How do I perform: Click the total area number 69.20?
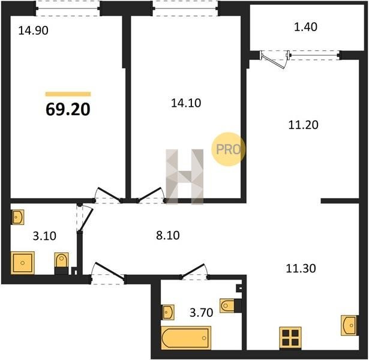[x=68, y=110]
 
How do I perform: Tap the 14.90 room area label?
[x=34, y=31]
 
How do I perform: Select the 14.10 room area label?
[x=186, y=103]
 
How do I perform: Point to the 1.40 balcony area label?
[x=305, y=27]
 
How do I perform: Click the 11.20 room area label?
[x=304, y=125]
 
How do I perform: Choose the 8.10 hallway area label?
[x=168, y=235]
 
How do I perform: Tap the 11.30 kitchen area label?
[x=301, y=268]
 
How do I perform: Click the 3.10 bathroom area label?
[x=44, y=236]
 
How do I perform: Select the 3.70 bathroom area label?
[x=201, y=313]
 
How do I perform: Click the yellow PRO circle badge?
[x=228, y=149]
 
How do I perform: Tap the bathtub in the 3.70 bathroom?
[x=186, y=338]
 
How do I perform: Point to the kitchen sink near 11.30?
[x=350, y=325]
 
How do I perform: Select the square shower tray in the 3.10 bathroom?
[x=23, y=263]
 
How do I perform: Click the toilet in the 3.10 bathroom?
[x=61, y=263]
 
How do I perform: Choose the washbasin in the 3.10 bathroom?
[x=17, y=217]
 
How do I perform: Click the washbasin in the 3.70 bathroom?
[x=168, y=312]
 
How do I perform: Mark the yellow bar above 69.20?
[x=68, y=94]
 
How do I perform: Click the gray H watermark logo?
[x=185, y=177]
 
